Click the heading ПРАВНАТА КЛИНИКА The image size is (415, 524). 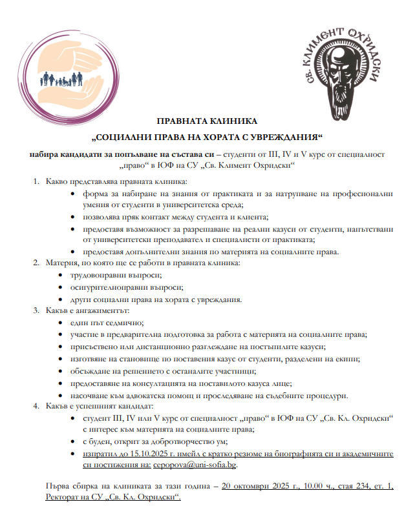coord(207,122)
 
